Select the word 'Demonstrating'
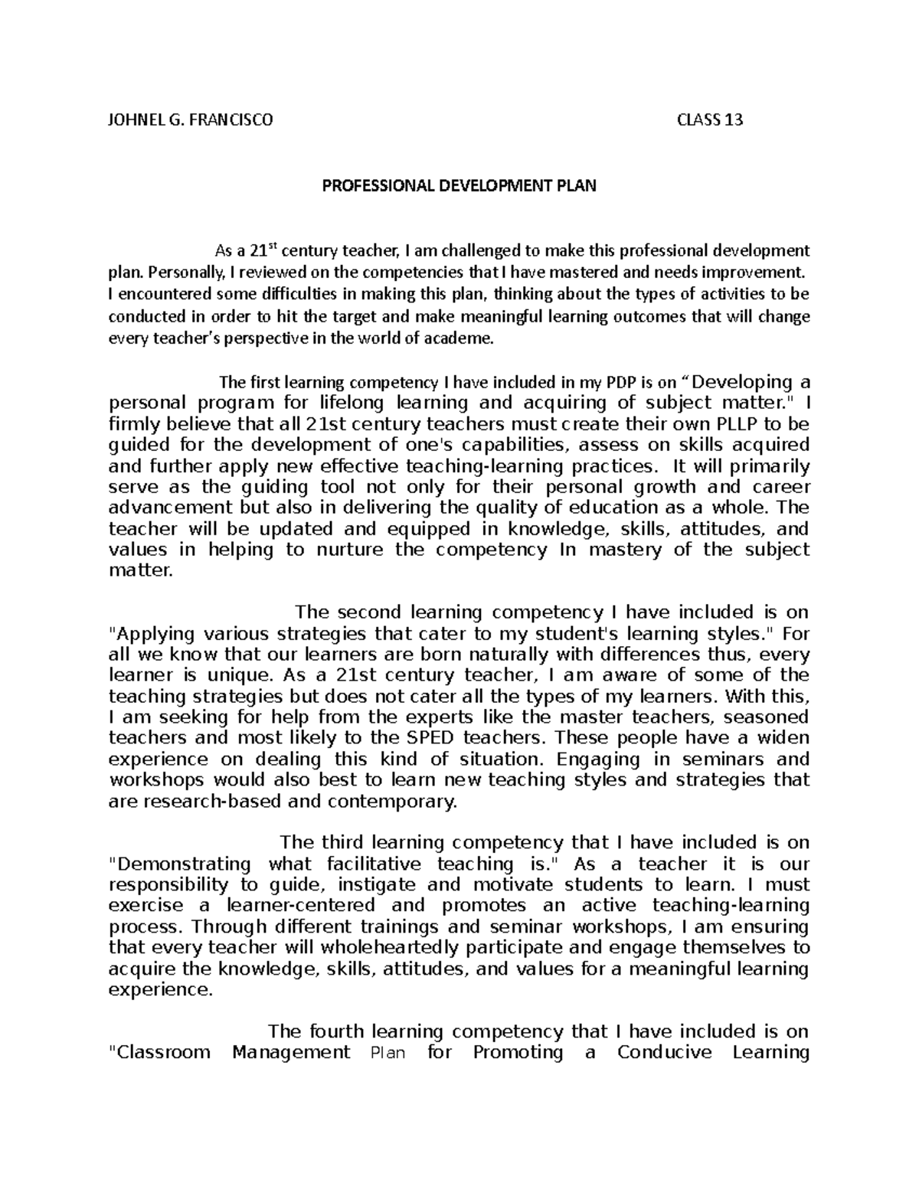pyautogui.click(x=185, y=864)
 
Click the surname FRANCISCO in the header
pyautogui.click(x=229, y=120)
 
